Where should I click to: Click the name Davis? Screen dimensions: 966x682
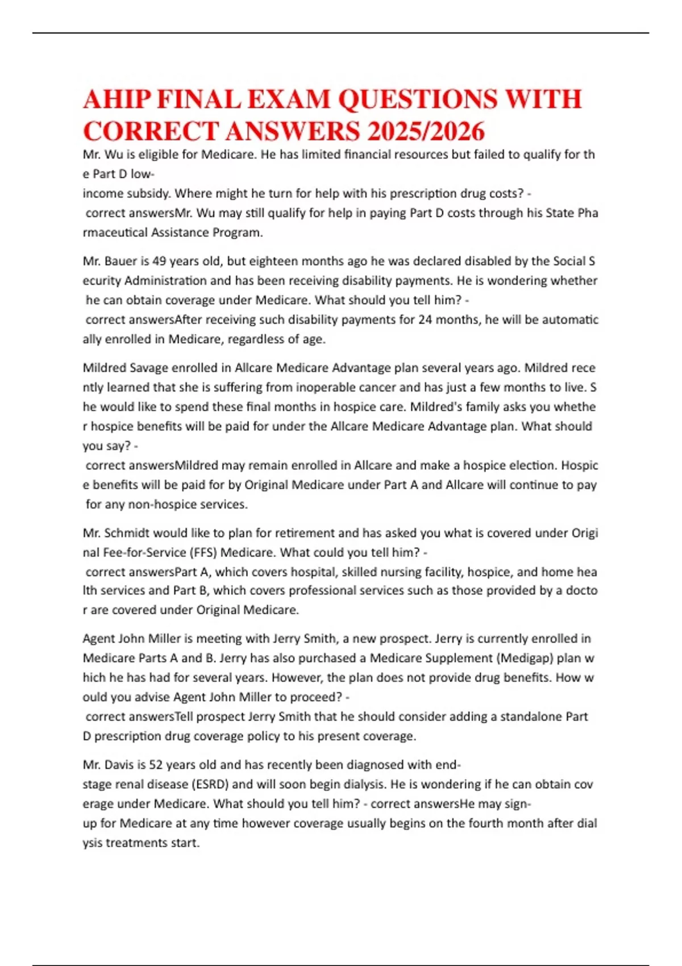click(120, 765)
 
